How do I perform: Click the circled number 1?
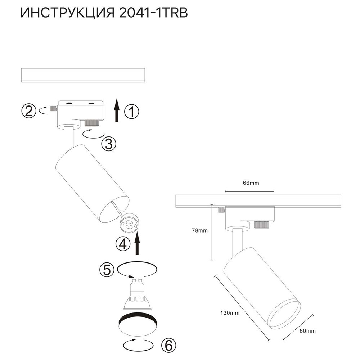[x=131, y=112]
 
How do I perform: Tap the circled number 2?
[x=29, y=111]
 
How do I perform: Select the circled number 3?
[x=108, y=144]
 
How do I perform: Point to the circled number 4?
[x=122, y=244]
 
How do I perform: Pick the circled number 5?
[x=107, y=270]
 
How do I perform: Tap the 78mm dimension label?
[x=201, y=231]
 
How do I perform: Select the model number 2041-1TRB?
[x=153, y=13]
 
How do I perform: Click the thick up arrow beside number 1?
[x=117, y=111]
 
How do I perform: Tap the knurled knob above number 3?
[x=91, y=123]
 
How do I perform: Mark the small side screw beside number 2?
[x=54, y=108]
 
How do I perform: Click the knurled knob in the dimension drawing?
[x=261, y=225]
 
